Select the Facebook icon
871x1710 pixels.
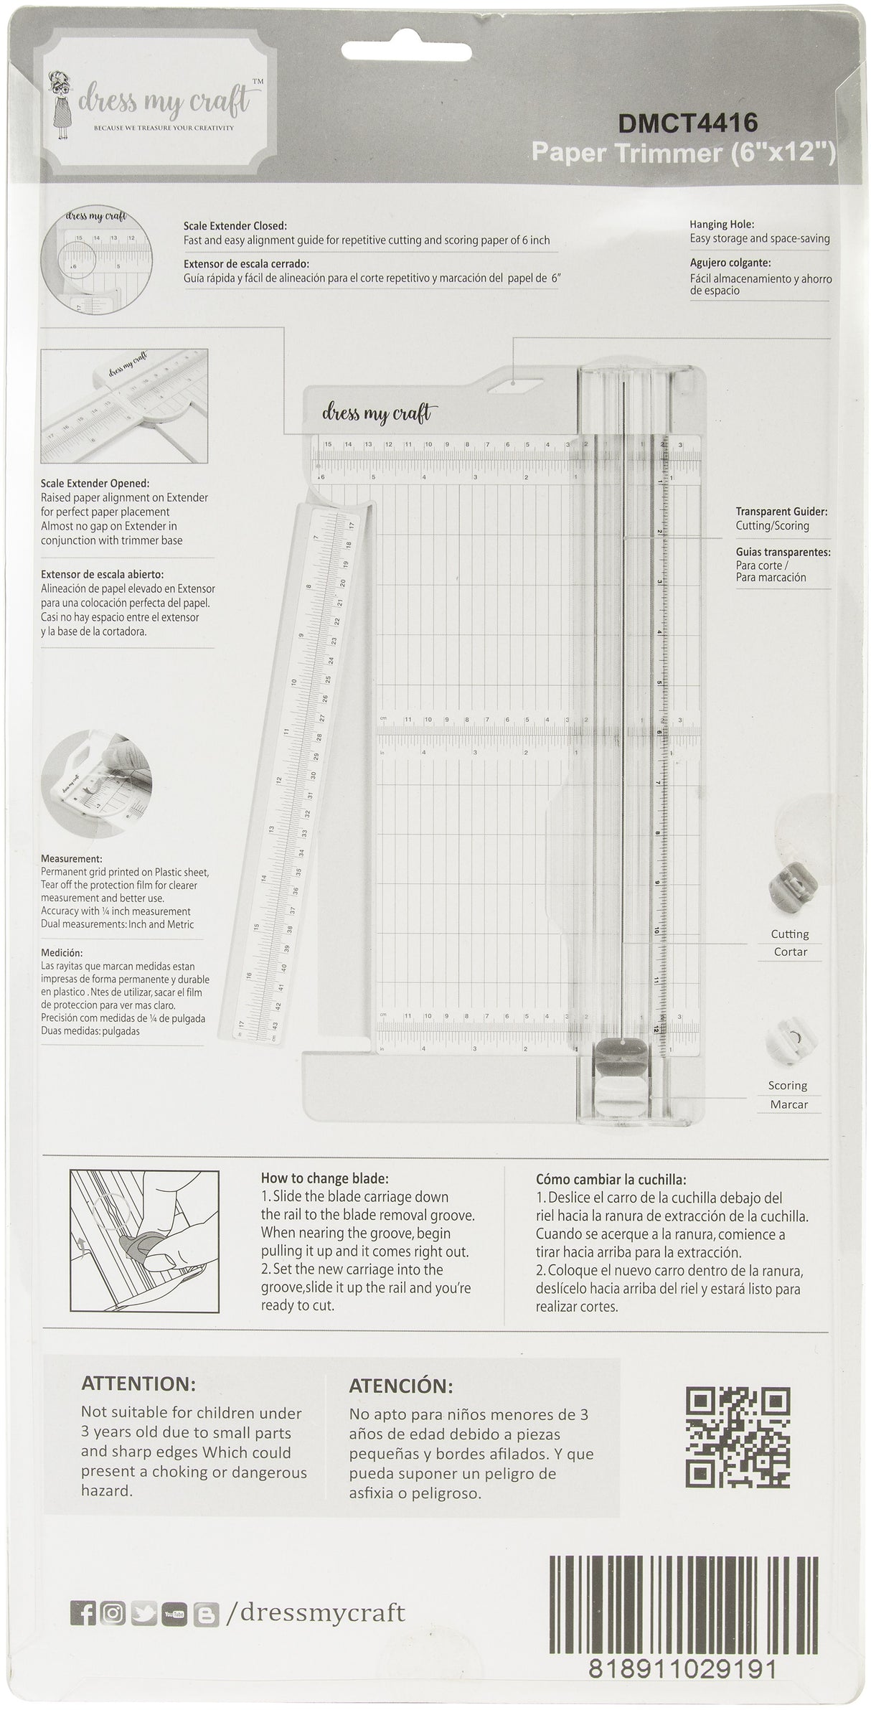coord(83,1589)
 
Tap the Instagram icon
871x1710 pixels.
coord(113,1589)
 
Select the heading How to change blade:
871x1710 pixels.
coord(324,1178)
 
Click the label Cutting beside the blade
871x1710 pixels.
coord(789,934)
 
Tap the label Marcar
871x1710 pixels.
coord(788,1104)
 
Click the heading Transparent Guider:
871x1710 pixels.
coord(781,512)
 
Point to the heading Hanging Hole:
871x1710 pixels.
coord(722,224)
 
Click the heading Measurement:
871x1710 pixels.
coord(71,859)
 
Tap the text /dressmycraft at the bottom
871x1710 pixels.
coord(316,1589)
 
